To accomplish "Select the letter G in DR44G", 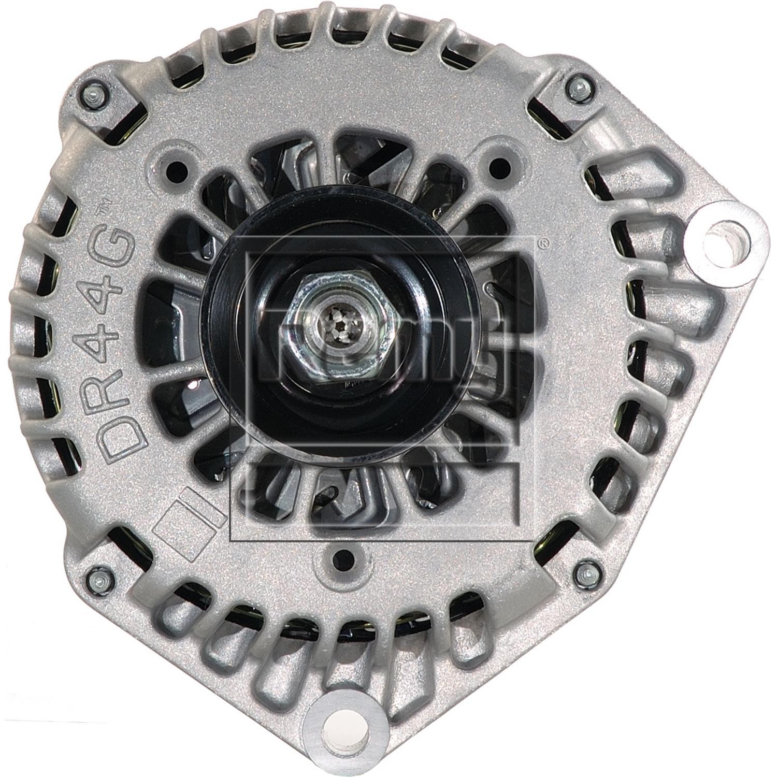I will (118, 241).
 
